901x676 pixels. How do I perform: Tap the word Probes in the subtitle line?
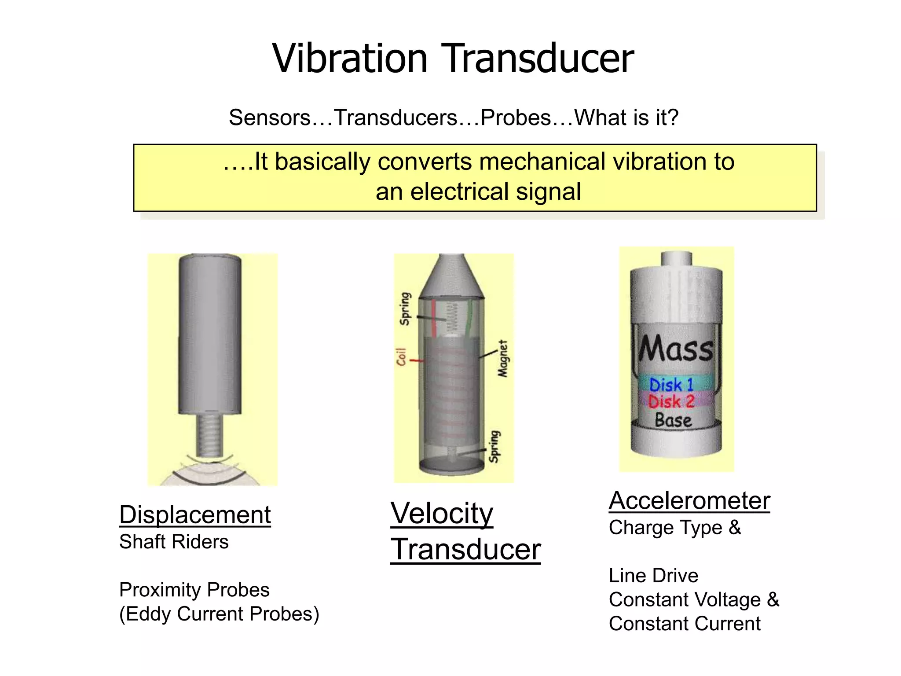516,118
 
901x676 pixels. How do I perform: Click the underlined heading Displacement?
195,514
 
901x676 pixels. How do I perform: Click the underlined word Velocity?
442,513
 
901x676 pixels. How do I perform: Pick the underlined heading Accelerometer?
689,500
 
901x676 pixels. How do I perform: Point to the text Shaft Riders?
174,542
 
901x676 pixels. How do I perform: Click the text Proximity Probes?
194,590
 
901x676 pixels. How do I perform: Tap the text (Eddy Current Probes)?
219,614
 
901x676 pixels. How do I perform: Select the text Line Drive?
653,576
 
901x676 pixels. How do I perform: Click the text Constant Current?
685,624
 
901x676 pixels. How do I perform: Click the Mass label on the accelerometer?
675,349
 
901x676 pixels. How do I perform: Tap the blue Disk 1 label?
671,385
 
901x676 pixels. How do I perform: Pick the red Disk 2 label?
671,401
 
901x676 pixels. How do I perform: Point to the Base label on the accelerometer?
673,420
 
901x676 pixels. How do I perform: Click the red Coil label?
401,357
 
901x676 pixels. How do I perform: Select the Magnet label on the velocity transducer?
502,359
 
